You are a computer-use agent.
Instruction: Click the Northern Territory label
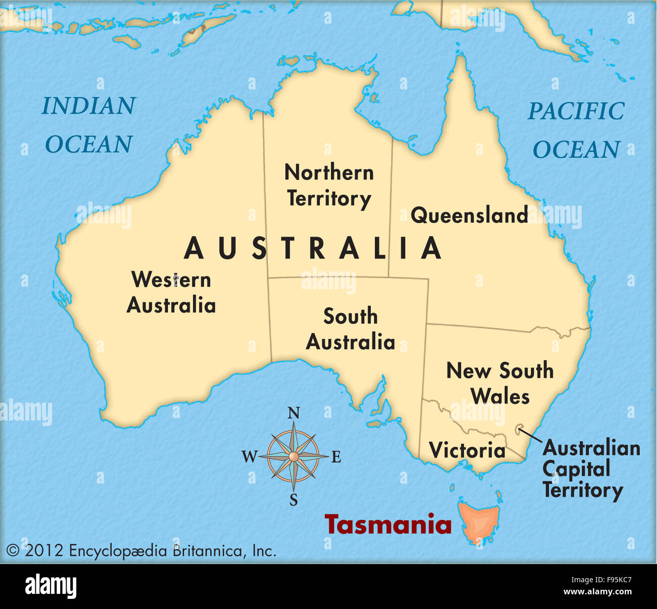[x=329, y=185]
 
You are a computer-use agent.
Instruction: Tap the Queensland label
[x=469, y=215]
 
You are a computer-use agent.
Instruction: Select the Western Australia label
[x=171, y=293]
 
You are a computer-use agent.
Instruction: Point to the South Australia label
[x=350, y=329]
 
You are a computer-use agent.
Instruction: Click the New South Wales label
[x=500, y=383]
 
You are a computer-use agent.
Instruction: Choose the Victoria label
[x=467, y=450]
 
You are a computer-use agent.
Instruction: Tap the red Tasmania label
[x=388, y=525]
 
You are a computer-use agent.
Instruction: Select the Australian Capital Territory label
[x=590, y=469]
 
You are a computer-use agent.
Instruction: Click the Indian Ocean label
[x=88, y=125]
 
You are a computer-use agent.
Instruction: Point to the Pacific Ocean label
[x=576, y=130]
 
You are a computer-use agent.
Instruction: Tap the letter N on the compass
[x=293, y=414]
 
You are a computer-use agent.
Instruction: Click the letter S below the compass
[x=294, y=500]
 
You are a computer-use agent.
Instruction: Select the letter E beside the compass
[x=336, y=457]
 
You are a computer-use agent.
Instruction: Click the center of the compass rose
[x=293, y=457]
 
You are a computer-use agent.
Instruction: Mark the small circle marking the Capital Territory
[x=519, y=431]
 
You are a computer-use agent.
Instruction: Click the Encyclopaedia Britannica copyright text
[x=141, y=550]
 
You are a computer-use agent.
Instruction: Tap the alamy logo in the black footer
[x=51, y=586]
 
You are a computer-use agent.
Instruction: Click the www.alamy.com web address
[x=597, y=592]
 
